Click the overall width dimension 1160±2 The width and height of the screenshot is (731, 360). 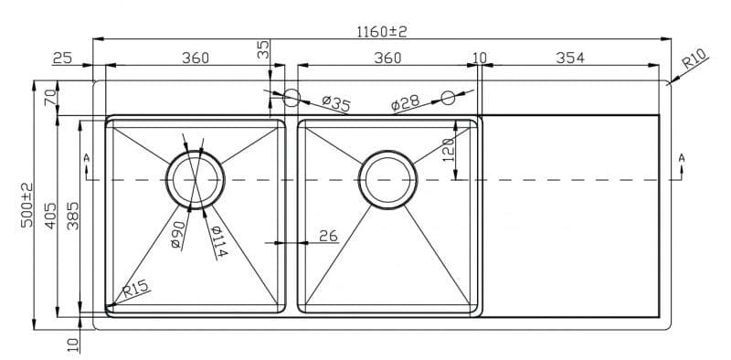click(x=381, y=31)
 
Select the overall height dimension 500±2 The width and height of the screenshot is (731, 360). click(x=26, y=205)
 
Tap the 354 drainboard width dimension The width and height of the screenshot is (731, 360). click(x=569, y=58)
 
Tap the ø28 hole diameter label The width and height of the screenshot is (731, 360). click(x=405, y=102)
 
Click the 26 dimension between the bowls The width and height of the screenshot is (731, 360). click(x=328, y=236)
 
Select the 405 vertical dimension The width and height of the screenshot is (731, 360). click(x=50, y=216)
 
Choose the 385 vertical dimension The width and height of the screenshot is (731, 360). click(x=72, y=216)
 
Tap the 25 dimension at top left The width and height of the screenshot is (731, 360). click(x=62, y=58)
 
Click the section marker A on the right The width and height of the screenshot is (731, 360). click(x=682, y=158)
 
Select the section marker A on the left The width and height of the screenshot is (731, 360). click(x=87, y=158)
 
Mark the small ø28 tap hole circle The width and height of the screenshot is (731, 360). click(x=448, y=98)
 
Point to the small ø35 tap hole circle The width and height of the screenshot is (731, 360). click(x=292, y=96)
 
